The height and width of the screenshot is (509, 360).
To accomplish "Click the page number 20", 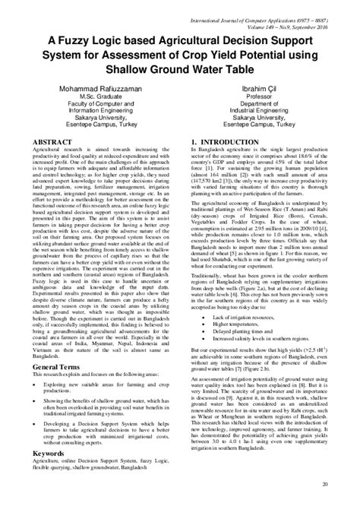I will [x=326, y=484].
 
